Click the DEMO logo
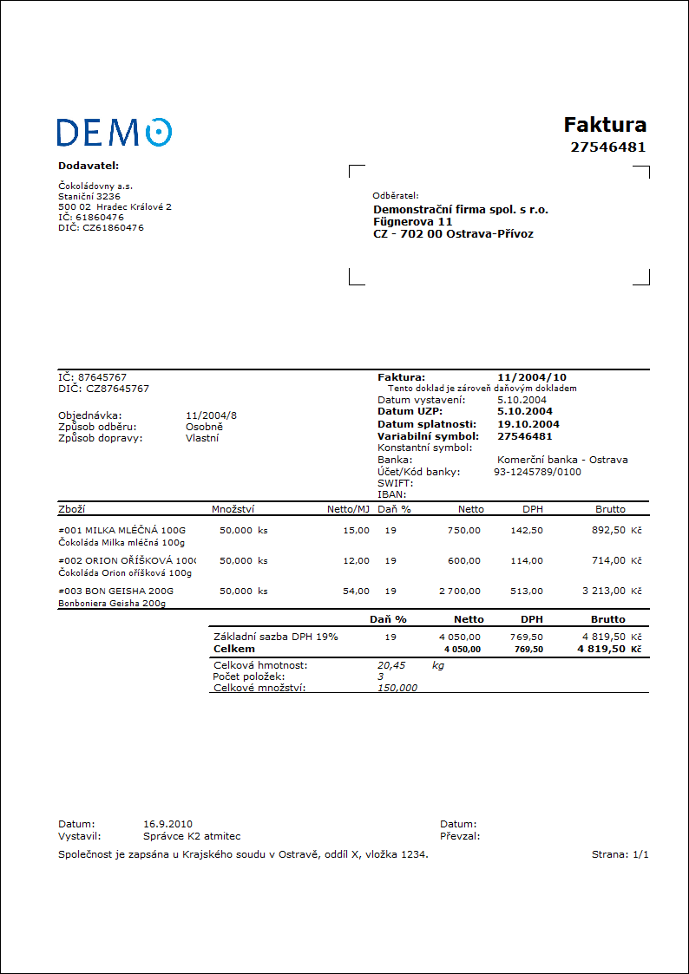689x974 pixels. click(114, 132)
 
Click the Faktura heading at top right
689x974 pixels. click(605, 124)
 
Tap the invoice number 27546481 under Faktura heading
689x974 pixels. click(607, 147)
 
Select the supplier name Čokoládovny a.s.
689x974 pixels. click(95, 186)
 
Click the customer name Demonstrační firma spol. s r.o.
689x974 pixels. click(460, 209)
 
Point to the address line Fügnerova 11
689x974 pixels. click(413, 221)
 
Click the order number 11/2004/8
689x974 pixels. click(211, 415)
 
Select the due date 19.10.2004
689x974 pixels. click(528, 424)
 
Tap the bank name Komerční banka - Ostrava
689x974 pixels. click(562, 460)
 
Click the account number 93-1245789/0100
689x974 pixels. click(537, 472)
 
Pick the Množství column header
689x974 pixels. click(233, 509)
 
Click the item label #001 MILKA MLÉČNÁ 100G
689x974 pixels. click(121, 530)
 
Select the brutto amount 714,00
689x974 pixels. click(607, 560)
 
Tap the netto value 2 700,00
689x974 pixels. click(459, 591)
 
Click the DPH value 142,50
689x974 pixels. click(527, 530)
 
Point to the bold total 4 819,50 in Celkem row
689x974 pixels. click(600, 649)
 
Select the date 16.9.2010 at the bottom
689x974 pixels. click(167, 824)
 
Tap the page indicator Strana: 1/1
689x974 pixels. click(620, 854)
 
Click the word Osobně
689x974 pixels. click(205, 427)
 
